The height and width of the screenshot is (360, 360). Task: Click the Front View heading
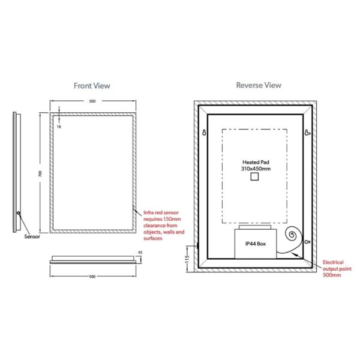pos(92,86)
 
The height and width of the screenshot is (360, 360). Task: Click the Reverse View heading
pos(259,85)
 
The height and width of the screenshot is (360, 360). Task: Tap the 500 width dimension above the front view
pos(92,101)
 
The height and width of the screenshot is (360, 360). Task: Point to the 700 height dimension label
pos(40,173)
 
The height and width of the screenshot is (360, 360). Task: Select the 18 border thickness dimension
pos(59,127)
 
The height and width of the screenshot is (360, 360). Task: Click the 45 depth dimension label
pos(140,253)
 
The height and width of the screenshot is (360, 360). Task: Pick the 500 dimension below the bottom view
pos(92,277)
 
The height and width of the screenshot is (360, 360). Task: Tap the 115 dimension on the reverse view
pos(187,259)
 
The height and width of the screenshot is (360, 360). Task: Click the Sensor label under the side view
pos(32,236)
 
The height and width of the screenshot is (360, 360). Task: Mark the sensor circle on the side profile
pos(19,213)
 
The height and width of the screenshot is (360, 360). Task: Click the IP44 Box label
pos(256,244)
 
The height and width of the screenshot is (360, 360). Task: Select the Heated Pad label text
pos(256,162)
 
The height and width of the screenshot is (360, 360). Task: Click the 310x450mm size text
pos(256,169)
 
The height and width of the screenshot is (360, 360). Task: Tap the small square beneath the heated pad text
pos(254,177)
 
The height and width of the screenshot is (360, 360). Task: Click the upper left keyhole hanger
pos(204,133)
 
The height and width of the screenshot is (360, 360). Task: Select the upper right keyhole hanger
pos(307,133)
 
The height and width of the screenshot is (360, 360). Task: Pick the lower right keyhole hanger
pos(308,242)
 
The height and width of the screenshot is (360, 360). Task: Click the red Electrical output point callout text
pos(337,269)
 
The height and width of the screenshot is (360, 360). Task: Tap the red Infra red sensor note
pos(164,226)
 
